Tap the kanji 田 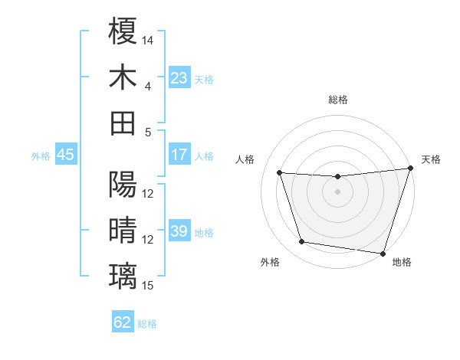[123, 123]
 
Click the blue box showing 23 [179, 77]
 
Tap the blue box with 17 [179, 155]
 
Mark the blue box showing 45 [65, 155]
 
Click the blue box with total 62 [123, 322]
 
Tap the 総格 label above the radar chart [338, 100]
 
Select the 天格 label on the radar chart [431, 159]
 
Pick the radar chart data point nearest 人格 [280, 173]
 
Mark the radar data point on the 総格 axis [338, 177]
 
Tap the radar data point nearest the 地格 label [383, 253]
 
